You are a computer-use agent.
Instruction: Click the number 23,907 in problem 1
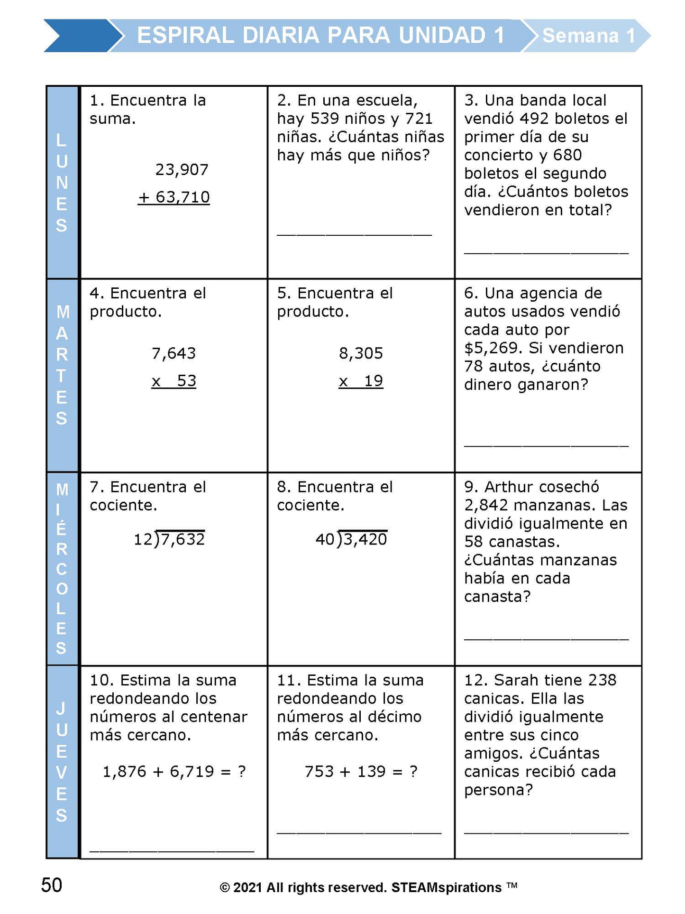(182, 170)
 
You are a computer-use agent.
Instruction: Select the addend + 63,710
(174, 197)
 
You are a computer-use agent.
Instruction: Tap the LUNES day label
(62, 183)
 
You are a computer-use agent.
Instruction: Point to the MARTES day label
(62, 365)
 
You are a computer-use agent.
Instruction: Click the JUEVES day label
(62, 762)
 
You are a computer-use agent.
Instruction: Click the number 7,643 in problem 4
(174, 353)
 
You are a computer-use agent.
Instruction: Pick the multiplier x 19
(361, 381)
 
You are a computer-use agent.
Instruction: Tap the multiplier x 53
(174, 381)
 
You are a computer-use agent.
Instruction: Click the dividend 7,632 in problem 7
(183, 539)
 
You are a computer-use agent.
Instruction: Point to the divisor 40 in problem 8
(325, 539)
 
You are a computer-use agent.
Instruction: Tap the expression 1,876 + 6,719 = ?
(174, 772)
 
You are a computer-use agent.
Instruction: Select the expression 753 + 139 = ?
(361, 772)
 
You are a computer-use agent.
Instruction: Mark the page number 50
(52, 885)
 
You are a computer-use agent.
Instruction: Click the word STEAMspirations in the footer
(446, 887)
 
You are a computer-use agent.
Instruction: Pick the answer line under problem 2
(354, 234)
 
